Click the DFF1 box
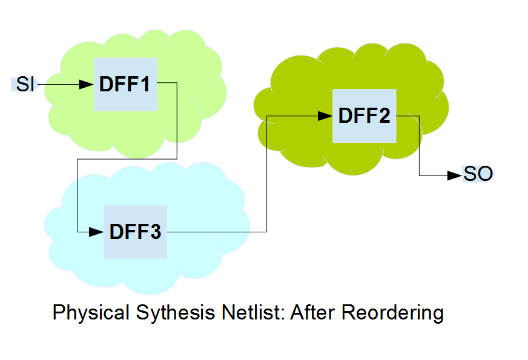pos(125,84)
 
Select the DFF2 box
pos(365,116)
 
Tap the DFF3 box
pos(136,232)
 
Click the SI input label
pos(25,84)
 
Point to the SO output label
pos(478,174)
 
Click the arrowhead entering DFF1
pos(86,85)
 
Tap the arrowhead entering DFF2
pos(325,116)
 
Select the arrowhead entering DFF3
pos(96,232)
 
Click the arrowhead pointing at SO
pos(455,175)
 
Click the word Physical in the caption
pos(91,313)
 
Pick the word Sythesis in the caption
pos(176,312)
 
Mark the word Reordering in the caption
pos(392,313)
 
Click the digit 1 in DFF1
pos(145,84)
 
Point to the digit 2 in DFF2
pos(384,116)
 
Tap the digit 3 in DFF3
pos(156,232)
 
